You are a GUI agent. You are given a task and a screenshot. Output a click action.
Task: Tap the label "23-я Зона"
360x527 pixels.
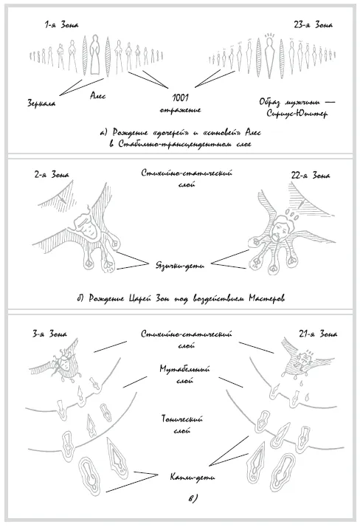tap(313, 25)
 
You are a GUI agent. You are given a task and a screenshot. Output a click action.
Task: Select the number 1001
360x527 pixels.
tap(180, 98)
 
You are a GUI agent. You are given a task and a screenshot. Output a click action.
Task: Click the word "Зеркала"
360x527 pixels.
tap(41, 103)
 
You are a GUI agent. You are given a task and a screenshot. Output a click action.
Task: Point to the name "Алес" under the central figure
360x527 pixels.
tap(97, 96)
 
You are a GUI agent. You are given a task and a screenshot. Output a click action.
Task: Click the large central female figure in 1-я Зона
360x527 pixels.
tap(95, 55)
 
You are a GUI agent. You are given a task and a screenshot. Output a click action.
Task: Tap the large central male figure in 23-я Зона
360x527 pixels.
tap(269, 55)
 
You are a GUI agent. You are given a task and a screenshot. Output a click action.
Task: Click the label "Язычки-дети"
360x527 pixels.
tap(180, 266)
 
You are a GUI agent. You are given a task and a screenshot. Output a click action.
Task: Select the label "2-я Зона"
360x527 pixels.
tap(52, 175)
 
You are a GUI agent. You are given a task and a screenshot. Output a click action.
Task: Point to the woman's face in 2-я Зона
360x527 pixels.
tap(89, 230)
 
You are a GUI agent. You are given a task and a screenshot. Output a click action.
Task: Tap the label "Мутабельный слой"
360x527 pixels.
tap(184, 375)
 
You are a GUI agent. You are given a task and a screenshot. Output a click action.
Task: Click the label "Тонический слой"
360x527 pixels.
tap(182, 424)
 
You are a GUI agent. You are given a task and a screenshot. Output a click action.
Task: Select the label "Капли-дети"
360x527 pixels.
tap(192, 477)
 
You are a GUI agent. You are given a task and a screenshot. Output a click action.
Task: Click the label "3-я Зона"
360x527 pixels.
tap(49, 334)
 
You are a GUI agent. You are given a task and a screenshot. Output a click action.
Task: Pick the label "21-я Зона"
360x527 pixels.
tap(318, 334)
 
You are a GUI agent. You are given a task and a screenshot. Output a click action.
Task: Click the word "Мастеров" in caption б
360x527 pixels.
tap(267, 298)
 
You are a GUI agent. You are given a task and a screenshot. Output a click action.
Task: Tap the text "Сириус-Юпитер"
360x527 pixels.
tap(297, 113)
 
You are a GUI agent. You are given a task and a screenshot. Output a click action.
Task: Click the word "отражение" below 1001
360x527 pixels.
tap(180, 110)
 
